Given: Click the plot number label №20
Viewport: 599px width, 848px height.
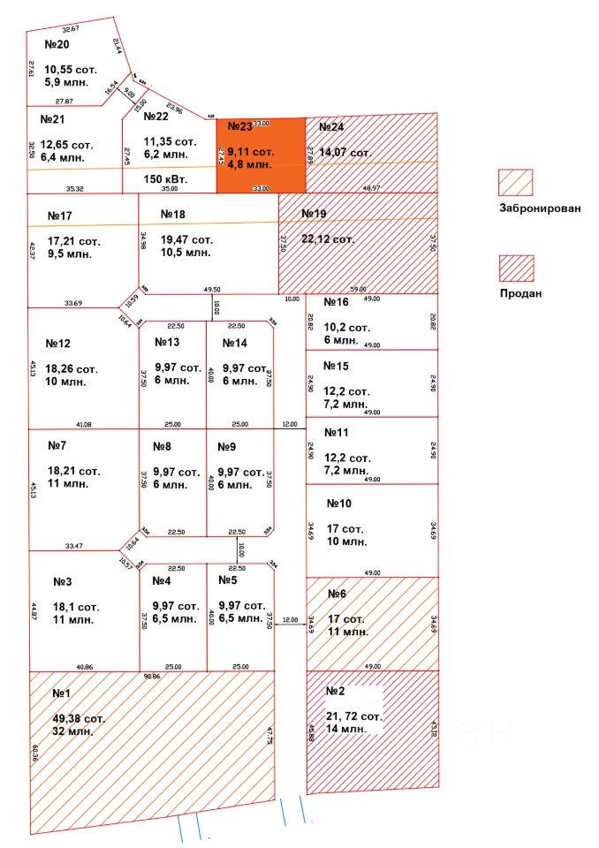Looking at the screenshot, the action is point(57,45).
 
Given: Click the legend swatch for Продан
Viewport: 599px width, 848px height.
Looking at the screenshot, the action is point(516,268).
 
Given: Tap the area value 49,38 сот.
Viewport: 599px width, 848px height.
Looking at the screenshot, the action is point(80,719).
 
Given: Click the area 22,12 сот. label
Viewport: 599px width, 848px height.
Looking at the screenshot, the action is point(329,239).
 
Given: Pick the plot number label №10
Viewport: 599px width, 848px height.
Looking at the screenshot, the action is point(339,503).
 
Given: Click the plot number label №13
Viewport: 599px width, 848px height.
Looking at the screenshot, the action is point(167,342).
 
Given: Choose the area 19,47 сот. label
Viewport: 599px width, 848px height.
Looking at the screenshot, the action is point(187,239).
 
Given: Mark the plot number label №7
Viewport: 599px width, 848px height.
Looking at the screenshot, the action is point(58,445).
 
